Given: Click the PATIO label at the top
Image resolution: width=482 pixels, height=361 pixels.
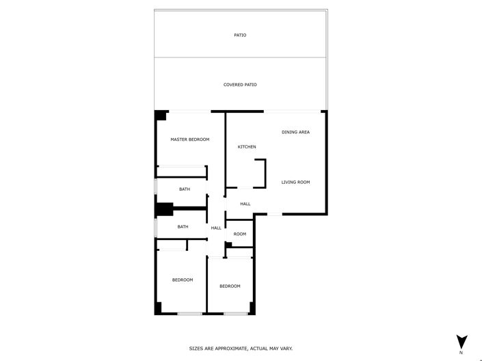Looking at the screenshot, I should click(240, 35).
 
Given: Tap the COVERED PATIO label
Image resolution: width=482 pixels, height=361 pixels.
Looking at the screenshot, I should click(240, 85).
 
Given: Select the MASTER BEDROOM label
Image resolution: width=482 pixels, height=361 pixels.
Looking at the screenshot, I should click(190, 139).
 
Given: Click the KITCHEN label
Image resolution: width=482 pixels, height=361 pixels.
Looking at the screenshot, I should click(247, 147).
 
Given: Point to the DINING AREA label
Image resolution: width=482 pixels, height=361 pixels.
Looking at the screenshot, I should click(295, 132).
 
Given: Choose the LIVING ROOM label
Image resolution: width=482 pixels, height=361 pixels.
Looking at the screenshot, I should click(296, 182).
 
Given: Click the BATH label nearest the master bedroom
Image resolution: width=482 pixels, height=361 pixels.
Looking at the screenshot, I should click(185, 189).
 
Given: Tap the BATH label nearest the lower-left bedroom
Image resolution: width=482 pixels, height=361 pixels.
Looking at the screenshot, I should click(183, 227).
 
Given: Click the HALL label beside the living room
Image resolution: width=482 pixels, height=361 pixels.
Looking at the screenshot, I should click(245, 204).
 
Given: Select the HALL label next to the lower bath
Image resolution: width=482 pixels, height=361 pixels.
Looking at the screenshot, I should click(216, 228).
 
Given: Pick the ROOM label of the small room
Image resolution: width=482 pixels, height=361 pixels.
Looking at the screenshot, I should click(239, 234).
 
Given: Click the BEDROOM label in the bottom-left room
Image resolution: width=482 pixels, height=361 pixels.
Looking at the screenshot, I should click(183, 280).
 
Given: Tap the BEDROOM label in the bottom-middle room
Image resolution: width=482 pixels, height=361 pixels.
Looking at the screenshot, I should click(230, 286).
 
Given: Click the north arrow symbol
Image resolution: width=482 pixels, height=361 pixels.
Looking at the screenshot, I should click(461, 341).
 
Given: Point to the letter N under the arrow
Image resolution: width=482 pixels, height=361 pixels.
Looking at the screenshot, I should click(461, 353).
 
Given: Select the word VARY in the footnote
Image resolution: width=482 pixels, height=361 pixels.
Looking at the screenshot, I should click(286, 349).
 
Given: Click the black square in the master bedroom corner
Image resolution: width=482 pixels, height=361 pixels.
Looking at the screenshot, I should click(161, 116).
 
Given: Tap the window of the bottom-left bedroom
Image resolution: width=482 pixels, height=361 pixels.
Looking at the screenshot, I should click(189, 314).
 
